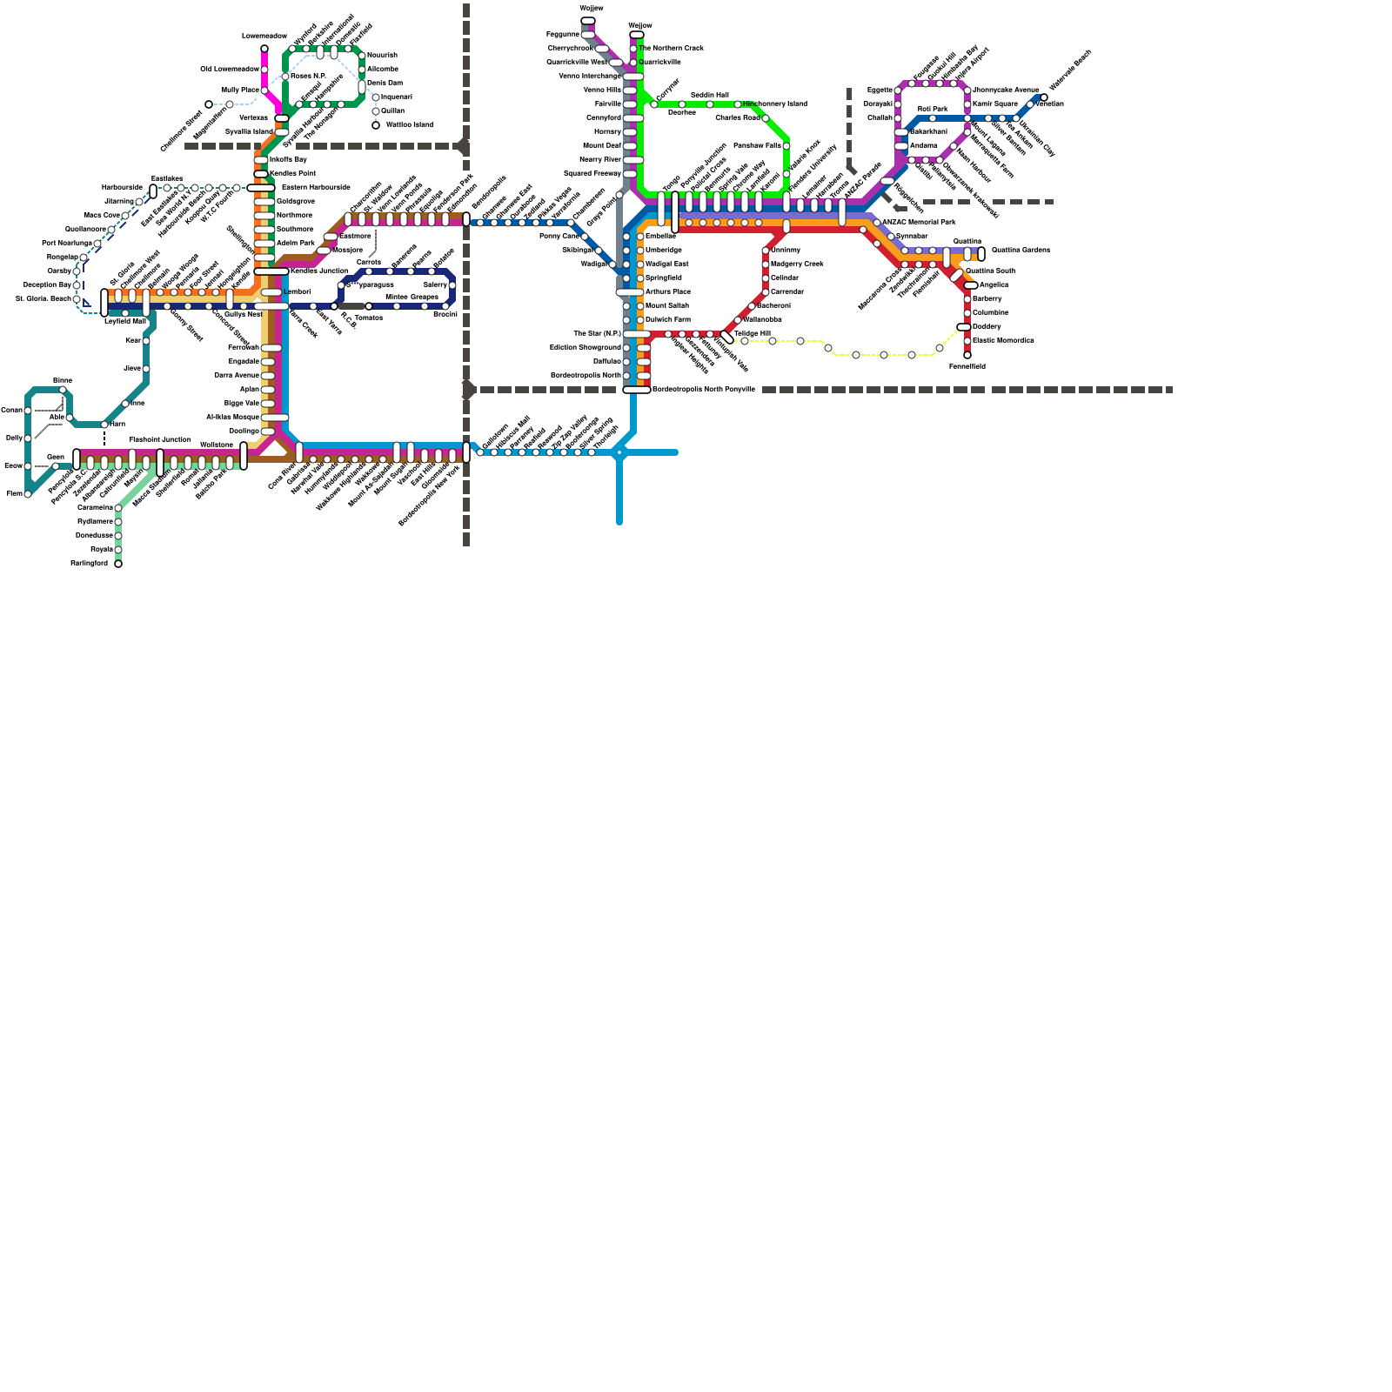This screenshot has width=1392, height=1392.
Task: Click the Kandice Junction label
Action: click(x=318, y=271)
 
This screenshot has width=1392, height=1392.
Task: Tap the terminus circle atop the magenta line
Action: click(x=264, y=49)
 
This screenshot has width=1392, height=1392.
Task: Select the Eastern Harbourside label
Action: click(x=316, y=187)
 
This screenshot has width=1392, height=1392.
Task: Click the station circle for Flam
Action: click(x=28, y=494)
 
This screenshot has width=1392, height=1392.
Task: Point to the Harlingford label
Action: click(x=89, y=564)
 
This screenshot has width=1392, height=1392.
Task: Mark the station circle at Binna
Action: click(x=63, y=390)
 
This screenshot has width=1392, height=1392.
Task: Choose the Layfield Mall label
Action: click(x=124, y=321)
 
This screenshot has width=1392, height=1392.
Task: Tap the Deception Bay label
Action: click(x=47, y=284)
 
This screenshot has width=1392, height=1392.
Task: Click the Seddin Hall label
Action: click(x=709, y=95)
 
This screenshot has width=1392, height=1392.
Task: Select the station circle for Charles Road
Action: click(x=766, y=118)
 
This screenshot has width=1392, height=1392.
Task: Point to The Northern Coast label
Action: click(x=671, y=48)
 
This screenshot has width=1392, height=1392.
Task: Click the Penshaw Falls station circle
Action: click(x=786, y=146)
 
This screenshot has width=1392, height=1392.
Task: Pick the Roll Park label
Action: click(x=932, y=109)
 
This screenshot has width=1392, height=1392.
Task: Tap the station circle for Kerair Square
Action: click(x=967, y=104)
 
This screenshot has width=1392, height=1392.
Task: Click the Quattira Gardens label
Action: click(x=1021, y=250)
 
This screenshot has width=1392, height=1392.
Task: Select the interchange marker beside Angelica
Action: click(x=971, y=285)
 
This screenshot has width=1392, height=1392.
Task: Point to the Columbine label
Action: click(x=990, y=312)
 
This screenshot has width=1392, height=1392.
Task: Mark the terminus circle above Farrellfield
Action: click(x=967, y=355)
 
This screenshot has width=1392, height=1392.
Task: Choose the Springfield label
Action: click(x=663, y=278)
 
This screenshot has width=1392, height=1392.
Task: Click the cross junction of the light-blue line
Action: click(x=619, y=452)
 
